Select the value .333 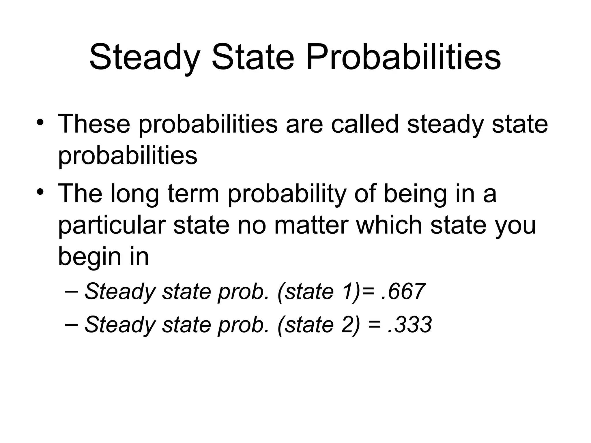[410, 325]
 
